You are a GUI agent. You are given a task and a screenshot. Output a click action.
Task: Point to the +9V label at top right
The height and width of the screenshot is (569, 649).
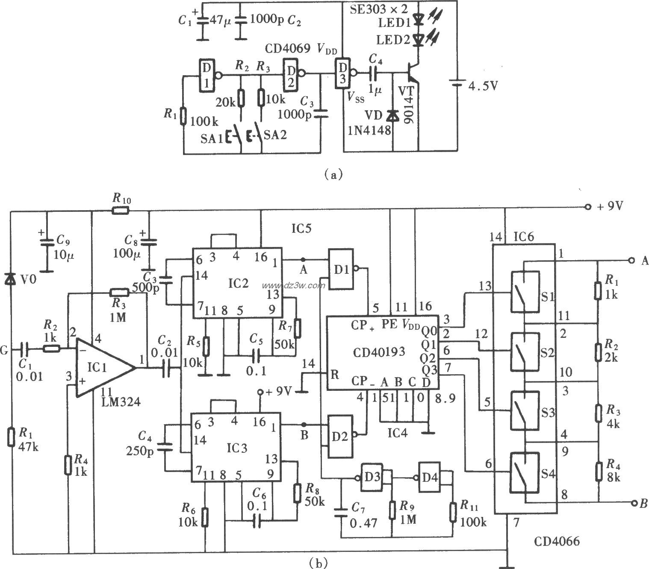(x=609, y=207)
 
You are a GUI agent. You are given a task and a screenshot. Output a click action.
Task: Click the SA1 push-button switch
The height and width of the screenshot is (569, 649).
(x=235, y=136)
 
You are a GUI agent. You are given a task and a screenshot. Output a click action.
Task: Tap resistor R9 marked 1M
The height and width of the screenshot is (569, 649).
(x=392, y=510)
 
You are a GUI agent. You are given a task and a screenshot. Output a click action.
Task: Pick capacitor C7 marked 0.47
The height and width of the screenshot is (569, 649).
(x=341, y=513)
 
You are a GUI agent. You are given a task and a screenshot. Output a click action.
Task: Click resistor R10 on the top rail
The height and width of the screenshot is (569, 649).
(x=121, y=210)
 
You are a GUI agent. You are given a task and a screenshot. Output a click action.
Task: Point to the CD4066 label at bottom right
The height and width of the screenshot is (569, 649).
(x=557, y=542)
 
